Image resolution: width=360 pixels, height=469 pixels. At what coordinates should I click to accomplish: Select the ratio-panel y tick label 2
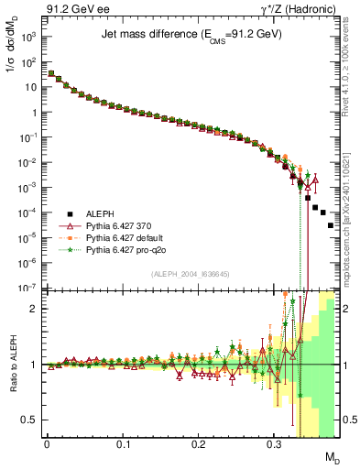point(33,309)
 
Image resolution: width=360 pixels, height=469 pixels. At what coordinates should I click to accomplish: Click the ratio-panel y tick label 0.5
point(29,420)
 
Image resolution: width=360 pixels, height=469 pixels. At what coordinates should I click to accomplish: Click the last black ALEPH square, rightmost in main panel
point(331,225)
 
